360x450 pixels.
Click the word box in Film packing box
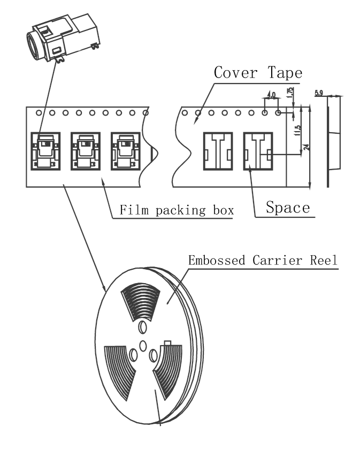(221, 210)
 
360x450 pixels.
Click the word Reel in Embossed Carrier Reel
(324, 261)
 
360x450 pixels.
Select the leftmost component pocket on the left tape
(47, 151)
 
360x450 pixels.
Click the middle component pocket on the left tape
(86, 151)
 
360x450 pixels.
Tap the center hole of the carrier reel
(143, 346)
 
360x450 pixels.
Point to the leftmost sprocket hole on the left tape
(39, 113)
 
